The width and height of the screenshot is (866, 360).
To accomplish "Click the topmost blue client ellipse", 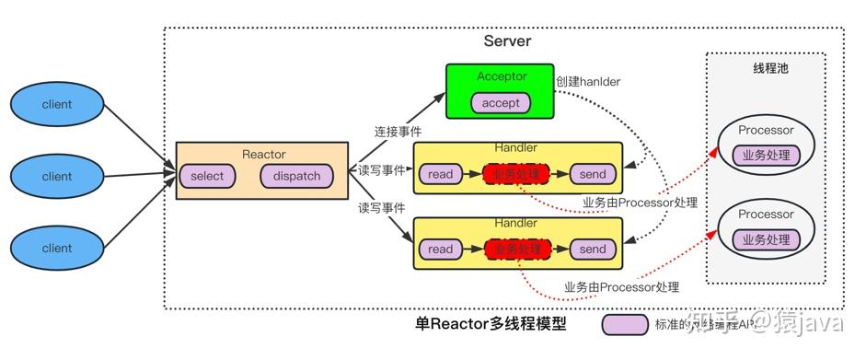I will (57, 105).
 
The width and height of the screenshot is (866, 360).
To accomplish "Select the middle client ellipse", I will (57, 177).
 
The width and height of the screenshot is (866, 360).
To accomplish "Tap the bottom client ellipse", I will (57, 248).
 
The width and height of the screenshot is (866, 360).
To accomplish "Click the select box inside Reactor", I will (207, 176).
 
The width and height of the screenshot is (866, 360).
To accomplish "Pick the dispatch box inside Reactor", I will (297, 176).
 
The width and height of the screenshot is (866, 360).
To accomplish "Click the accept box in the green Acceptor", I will (501, 103).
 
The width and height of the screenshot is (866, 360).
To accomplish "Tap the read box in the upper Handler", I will (441, 174).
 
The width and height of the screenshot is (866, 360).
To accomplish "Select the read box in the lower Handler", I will (441, 249).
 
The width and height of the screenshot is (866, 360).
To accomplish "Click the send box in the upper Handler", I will (593, 174).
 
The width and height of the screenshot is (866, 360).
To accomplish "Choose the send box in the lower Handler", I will (593, 249).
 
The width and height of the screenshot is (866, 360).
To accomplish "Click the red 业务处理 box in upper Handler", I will (517, 174).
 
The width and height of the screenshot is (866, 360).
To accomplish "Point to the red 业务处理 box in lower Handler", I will (517, 249).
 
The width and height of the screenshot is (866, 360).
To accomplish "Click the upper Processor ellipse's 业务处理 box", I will (766, 156).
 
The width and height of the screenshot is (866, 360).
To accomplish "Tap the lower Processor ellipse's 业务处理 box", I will (766, 239).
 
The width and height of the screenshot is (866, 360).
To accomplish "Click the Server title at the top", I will (507, 41).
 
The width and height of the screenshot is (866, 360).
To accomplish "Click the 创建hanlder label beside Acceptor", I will (587, 81).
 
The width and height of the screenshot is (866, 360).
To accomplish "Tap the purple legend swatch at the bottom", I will (625, 324).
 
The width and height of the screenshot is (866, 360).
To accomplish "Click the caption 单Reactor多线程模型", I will (491, 324).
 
